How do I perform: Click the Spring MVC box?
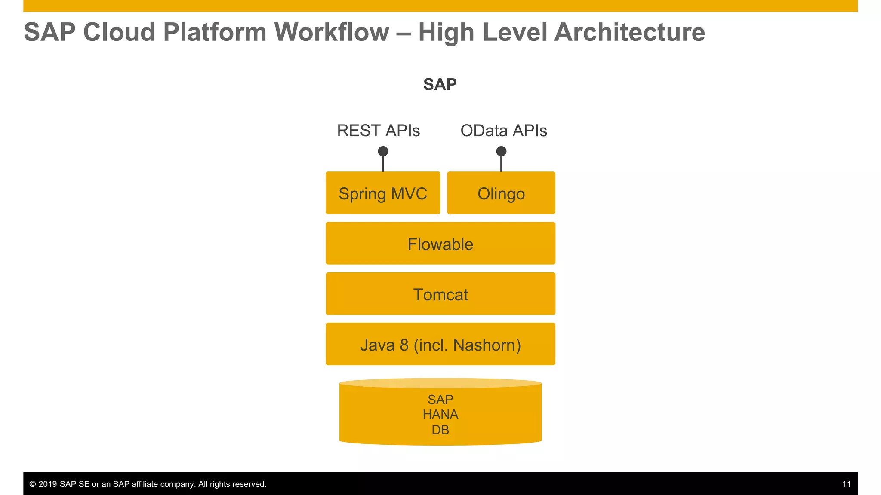tap(382, 193)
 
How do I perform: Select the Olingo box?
tap(501, 193)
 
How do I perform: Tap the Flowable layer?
tap(440, 244)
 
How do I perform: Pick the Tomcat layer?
tap(440, 294)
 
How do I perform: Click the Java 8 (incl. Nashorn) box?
tap(440, 345)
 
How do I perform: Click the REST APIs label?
tap(378, 131)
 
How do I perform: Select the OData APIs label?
tap(503, 131)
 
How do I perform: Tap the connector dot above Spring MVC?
tap(383, 151)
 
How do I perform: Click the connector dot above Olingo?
tap(501, 151)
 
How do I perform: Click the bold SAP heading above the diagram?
tap(440, 84)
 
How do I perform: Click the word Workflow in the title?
tap(331, 32)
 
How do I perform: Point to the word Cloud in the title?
tap(119, 32)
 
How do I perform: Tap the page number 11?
tap(846, 484)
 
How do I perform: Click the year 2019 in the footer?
tap(48, 484)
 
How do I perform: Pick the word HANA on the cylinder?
tap(440, 415)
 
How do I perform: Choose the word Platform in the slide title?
tap(215, 32)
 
